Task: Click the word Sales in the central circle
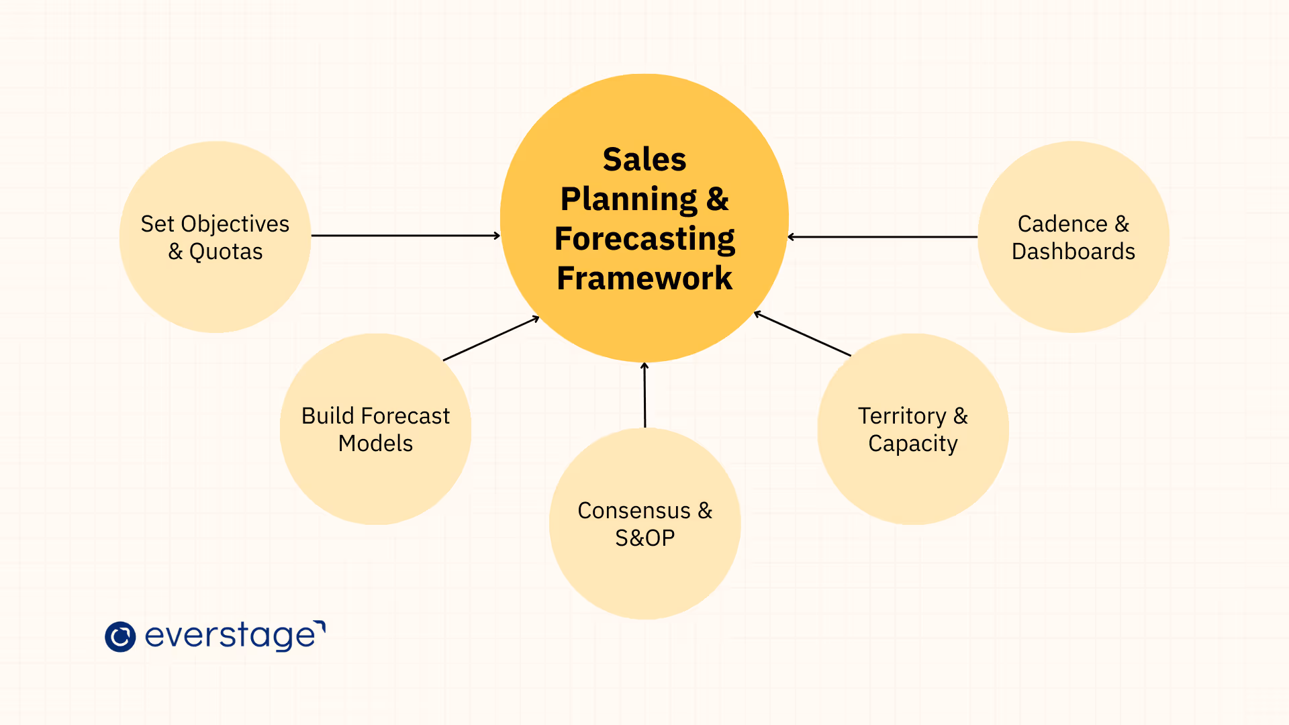pyautogui.click(x=644, y=160)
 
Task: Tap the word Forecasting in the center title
pyautogui.click(x=644, y=239)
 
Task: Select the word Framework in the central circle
pyautogui.click(x=644, y=278)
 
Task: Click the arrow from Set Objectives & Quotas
pyautogui.click(x=405, y=236)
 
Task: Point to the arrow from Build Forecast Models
pyautogui.click(x=491, y=338)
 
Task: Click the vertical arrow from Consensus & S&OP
pyautogui.click(x=644, y=395)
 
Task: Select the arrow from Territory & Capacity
pyautogui.click(x=802, y=334)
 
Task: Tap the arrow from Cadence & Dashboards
pyautogui.click(x=882, y=237)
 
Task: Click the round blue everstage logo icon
pyautogui.click(x=120, y=636)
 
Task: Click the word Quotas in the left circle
pyautogui.click(x=226, y=252)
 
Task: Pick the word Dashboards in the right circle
pyautogui.click(x=1073, y=252)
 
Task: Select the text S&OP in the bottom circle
pyautogui.click(x=644, y=538)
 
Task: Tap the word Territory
pyautogui.click(x=901, y=416)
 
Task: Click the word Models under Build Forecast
pyautogui.click(x=375, y=444)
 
